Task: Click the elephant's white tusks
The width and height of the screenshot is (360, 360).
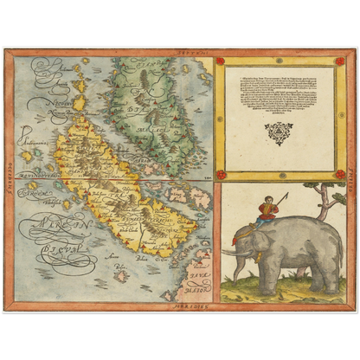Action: (x=232, y=252)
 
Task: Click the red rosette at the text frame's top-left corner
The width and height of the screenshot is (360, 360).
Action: (x=220, y=61)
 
